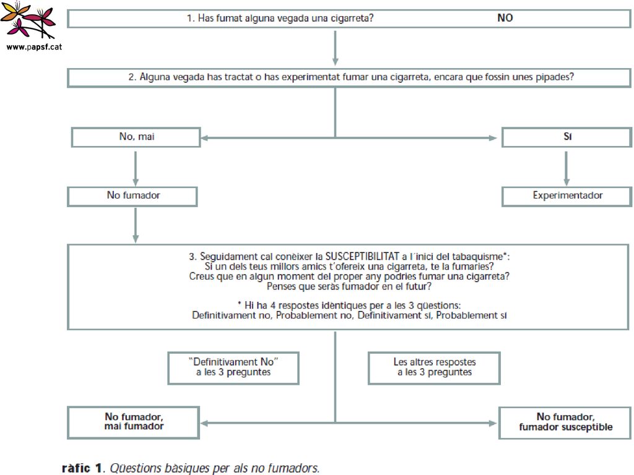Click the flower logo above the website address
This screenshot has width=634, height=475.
coord(28,20)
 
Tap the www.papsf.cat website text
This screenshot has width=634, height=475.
coord(35,47)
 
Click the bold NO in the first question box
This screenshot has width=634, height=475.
coord(505,18)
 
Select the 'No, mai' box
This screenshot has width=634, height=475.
coord(136,137)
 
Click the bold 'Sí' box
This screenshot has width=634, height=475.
coord(567,137)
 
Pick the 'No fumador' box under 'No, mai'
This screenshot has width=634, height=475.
coord(132,196)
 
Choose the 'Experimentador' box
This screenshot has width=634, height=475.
coord(567,196)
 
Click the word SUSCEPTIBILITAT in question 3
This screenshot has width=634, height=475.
coord(362,257)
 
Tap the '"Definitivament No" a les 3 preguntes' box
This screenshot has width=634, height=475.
coord(233,368)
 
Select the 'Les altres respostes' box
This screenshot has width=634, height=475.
coord(434,368)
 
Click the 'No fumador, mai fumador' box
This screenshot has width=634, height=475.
coord(134,422)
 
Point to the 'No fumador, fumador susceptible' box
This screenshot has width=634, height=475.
coord(565,422)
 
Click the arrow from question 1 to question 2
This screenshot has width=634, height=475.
coord(335,48)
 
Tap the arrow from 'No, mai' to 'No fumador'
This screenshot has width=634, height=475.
coord(136,168)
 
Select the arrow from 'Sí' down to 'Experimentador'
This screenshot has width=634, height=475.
coord(566,168)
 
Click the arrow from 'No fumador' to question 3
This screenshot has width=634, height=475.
coord(136,225)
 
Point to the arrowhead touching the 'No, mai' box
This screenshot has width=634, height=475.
coord(204,138)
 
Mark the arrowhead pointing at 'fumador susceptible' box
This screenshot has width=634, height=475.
coord(493,423)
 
